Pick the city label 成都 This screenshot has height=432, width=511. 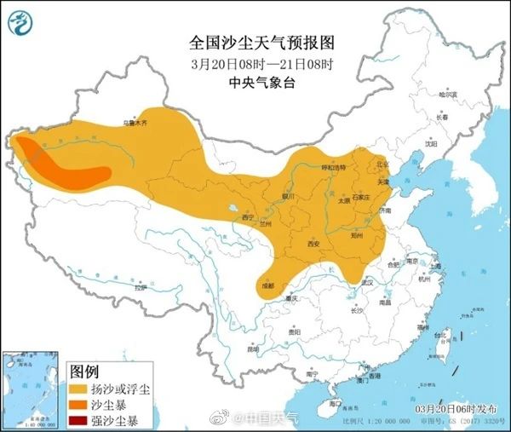(268, 284)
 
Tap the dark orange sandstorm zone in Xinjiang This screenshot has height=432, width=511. (64, 165)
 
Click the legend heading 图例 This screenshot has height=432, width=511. (85, 372)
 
